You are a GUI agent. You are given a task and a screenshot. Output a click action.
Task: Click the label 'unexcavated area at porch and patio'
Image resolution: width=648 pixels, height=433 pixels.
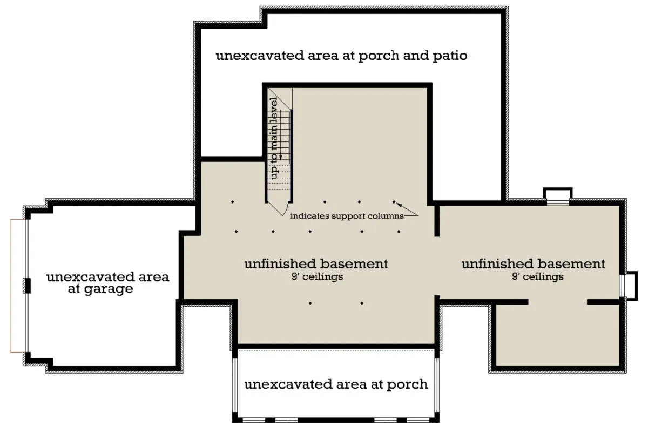(341, 56)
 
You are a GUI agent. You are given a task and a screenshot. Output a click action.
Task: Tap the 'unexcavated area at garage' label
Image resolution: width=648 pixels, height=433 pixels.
(107, 282)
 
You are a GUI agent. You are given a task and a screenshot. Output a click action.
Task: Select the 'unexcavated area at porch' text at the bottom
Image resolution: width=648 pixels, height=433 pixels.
(336, 385)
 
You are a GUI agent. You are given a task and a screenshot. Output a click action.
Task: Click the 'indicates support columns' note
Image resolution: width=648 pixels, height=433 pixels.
(347, 216)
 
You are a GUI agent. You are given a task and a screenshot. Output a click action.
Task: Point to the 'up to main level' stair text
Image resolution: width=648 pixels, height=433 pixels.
(274, 138)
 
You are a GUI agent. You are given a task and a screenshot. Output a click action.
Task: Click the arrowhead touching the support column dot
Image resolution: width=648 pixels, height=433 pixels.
(399, 205)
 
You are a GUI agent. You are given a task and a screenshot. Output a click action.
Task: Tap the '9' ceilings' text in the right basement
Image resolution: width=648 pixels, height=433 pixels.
(537, 277)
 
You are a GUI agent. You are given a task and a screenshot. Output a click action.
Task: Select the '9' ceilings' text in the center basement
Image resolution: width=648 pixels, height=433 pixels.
(317, 277)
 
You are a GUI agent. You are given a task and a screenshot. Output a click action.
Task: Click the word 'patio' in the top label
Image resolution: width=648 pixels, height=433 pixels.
(450, 56)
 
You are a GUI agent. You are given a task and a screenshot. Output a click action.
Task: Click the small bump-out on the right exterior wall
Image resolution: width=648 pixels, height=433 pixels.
(629, 286)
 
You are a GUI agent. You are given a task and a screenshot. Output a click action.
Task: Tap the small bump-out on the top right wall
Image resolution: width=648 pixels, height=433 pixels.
(557, 197)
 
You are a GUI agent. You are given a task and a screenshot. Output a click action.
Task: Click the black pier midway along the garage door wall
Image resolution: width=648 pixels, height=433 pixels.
(27, 286)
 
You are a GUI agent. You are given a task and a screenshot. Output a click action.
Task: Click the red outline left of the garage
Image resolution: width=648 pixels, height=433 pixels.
(11, 286)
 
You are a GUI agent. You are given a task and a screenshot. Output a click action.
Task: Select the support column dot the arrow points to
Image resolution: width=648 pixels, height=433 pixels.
(394, 201)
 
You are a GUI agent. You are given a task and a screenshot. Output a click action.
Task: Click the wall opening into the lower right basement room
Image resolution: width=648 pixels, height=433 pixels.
(557, 302)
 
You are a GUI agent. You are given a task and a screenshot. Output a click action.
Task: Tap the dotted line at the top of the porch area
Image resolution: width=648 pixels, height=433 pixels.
(336, 350)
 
